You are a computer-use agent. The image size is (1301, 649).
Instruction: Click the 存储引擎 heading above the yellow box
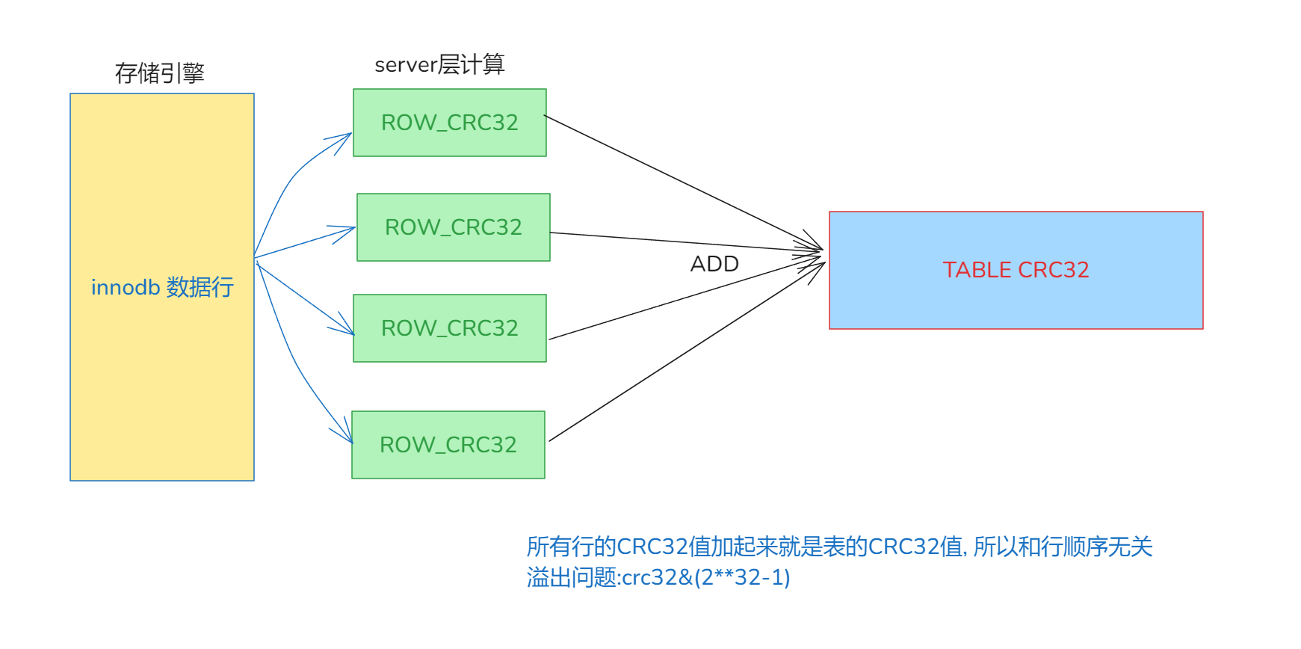pyautogui.click(x=159, y=73)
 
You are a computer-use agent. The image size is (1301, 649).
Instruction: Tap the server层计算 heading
pyautogui.click(x=439, y=65)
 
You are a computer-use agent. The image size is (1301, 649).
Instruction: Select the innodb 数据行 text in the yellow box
pyautogui.click(x=162, y=287)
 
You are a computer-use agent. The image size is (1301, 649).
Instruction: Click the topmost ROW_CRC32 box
pyautogui.click(x=449, y=123)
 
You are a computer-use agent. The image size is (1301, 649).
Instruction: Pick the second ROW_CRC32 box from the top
pyautogui.click(x=453, y=227)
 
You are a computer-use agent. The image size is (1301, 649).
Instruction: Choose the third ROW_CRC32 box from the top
pyautogui.click(x=449, y=328)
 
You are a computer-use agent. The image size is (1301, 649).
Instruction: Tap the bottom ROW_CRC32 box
pyautogui.click(x=448, y=445)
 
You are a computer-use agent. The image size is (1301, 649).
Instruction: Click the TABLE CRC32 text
pyautogui.click(x=1016, y=270)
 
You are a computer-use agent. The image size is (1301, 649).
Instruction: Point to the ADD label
pyautogui.click(x=714, y=264)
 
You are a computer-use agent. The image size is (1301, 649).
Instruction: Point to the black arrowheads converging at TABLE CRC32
pyautogui.click(x=815, y=254)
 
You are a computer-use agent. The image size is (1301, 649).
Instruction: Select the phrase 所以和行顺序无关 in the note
pyautogui.click(x=1063, y=547)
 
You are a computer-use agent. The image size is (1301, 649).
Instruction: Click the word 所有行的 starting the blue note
pyautogui.click(x=571, y=547)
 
